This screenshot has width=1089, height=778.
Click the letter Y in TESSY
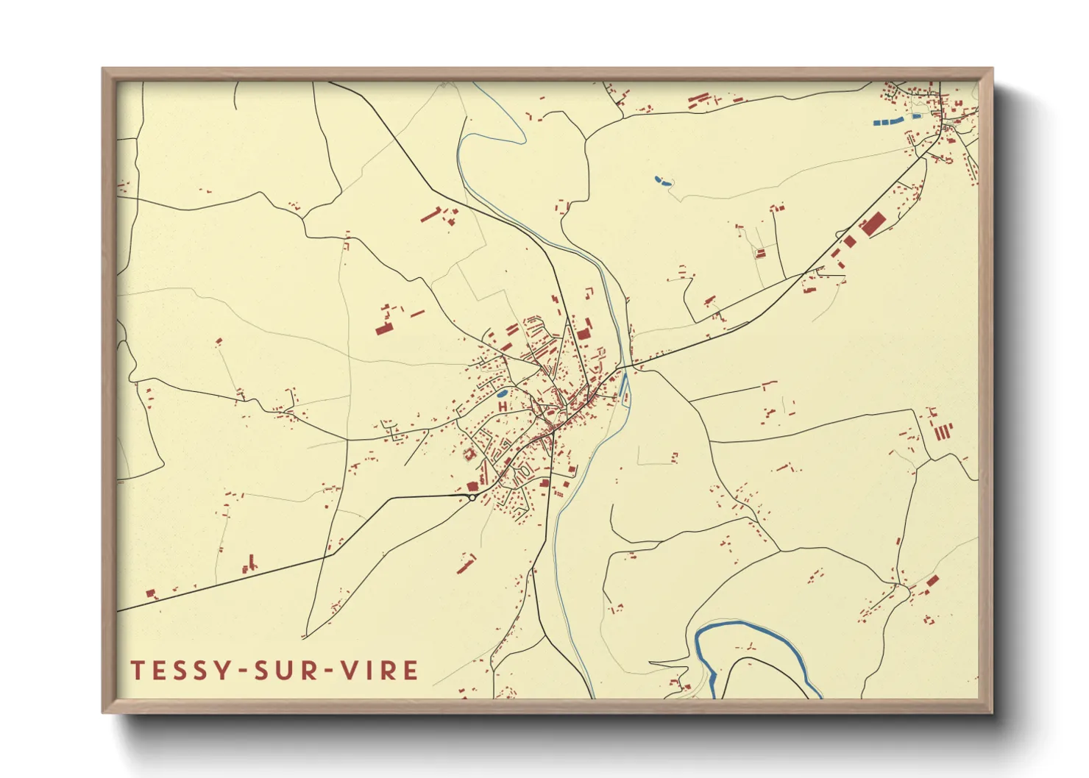point(219,670)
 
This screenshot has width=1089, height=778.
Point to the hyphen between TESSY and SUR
point(240,671)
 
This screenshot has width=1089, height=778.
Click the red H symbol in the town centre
point(503,406)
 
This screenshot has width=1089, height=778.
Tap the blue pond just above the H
point(503,394)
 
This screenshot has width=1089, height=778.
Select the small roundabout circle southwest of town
point(472,498)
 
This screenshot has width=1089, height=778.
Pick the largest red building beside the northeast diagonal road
point(873,223)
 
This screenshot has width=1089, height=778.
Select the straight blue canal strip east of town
point(624,382)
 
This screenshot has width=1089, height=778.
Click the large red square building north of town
point(583,334)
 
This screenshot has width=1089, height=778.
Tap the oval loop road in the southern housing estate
point(524,470)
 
